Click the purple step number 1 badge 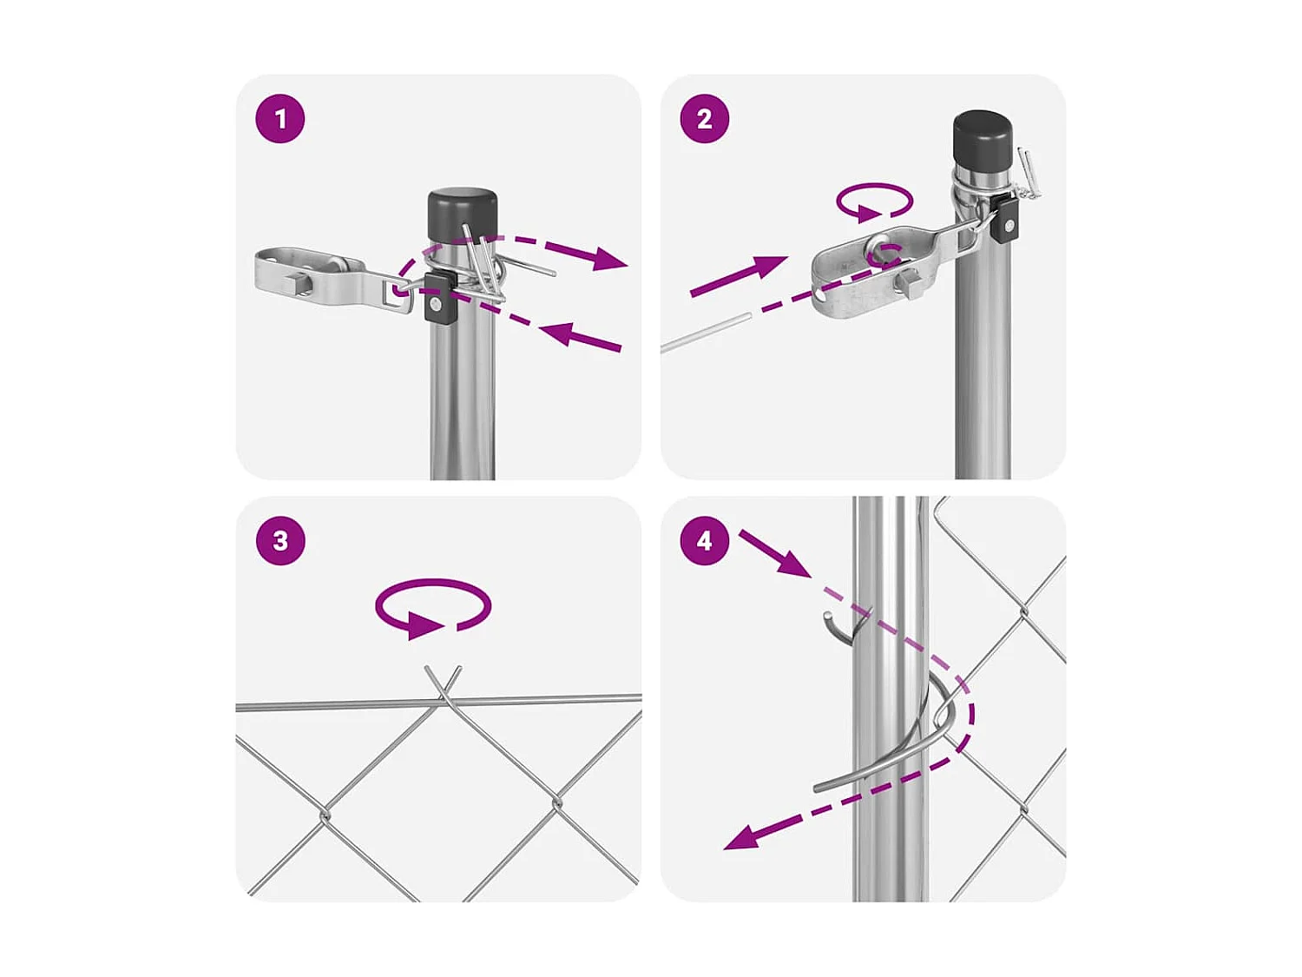click(x=280, y=118)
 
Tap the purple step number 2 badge click(x=704, y=118)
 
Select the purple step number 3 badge click(x=280, y=540)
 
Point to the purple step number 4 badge click(x=704, y=540)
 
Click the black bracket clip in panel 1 click(x=439, y=298)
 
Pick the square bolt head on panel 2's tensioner click(x=909, y=283)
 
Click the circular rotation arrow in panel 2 click(x=874, y=202)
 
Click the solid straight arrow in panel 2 click(x=738, y=277)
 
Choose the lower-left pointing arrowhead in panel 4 click(x=743, y=838)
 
